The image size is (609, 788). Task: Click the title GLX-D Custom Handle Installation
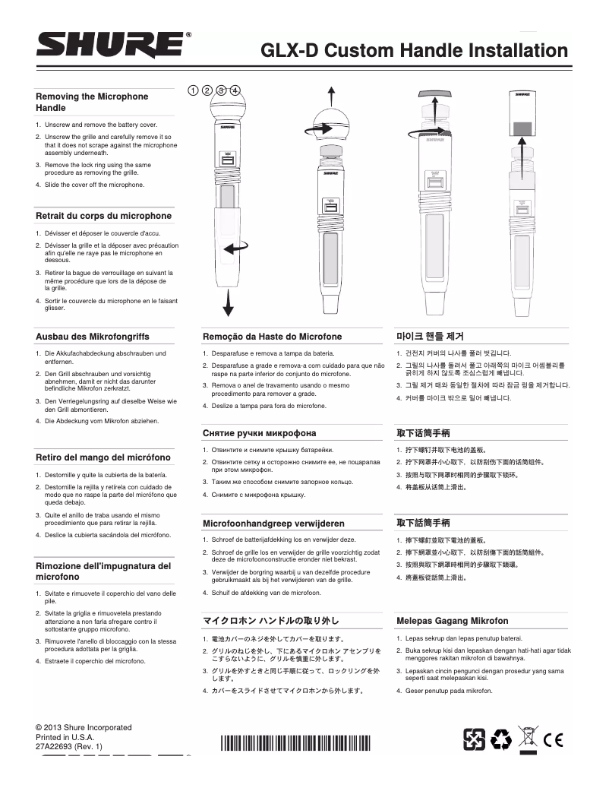tap(415, 51)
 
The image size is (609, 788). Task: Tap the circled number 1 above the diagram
tap(193, 90)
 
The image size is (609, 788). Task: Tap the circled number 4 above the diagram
tap(235, 90)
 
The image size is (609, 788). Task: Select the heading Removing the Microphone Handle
tap(92, 103)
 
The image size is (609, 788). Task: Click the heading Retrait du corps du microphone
tap(104, 216)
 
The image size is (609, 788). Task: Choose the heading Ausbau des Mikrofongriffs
tap(93, 336)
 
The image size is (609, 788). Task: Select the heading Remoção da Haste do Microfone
tap(272, 336)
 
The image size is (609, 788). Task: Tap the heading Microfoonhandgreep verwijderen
tap(273, 524)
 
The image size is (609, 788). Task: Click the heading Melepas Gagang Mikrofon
tap(452, 621)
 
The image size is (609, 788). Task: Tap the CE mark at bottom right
tap(554, 737)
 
